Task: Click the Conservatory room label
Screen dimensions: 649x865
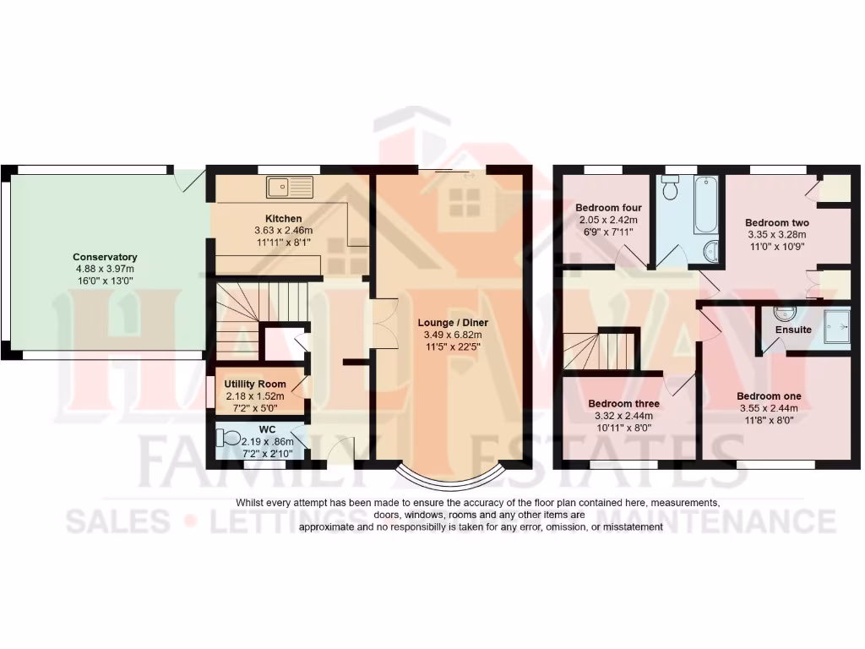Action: [x=105, y=257]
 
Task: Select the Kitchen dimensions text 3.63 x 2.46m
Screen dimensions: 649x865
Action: [x=283, y=230]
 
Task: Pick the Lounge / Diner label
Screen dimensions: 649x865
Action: [x=453, y=323]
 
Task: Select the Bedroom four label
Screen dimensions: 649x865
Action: [x=608, y=207]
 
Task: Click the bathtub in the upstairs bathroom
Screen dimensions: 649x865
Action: [x=706, y=205]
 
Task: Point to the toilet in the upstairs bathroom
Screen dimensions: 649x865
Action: [x=672, y=188]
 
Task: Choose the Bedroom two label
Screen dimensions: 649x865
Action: [x=776, y=223]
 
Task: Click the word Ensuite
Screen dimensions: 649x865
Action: [x=793, y=330]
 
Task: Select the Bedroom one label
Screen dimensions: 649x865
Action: [x=769, y=395]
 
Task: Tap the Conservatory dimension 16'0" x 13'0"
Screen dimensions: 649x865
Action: [x=105, y=280]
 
